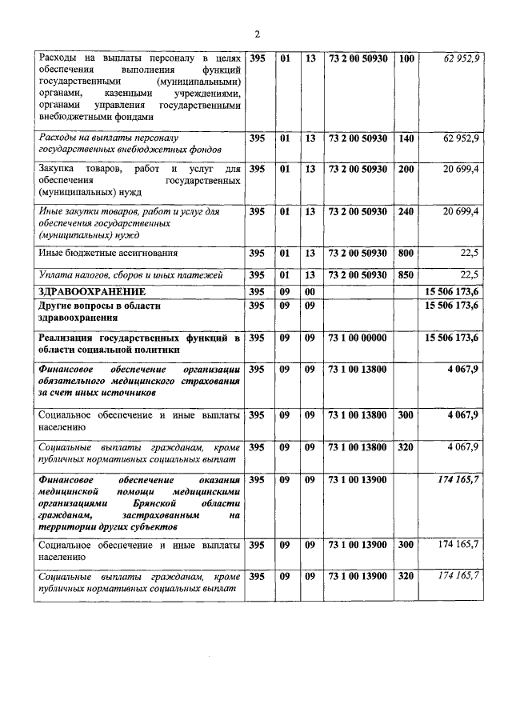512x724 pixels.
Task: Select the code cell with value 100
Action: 406,59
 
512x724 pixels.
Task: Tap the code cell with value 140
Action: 406,138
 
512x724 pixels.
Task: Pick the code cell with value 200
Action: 406,170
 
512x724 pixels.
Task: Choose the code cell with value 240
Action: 406,211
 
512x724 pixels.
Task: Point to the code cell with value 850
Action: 406,275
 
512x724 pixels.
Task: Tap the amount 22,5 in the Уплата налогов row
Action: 467,275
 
